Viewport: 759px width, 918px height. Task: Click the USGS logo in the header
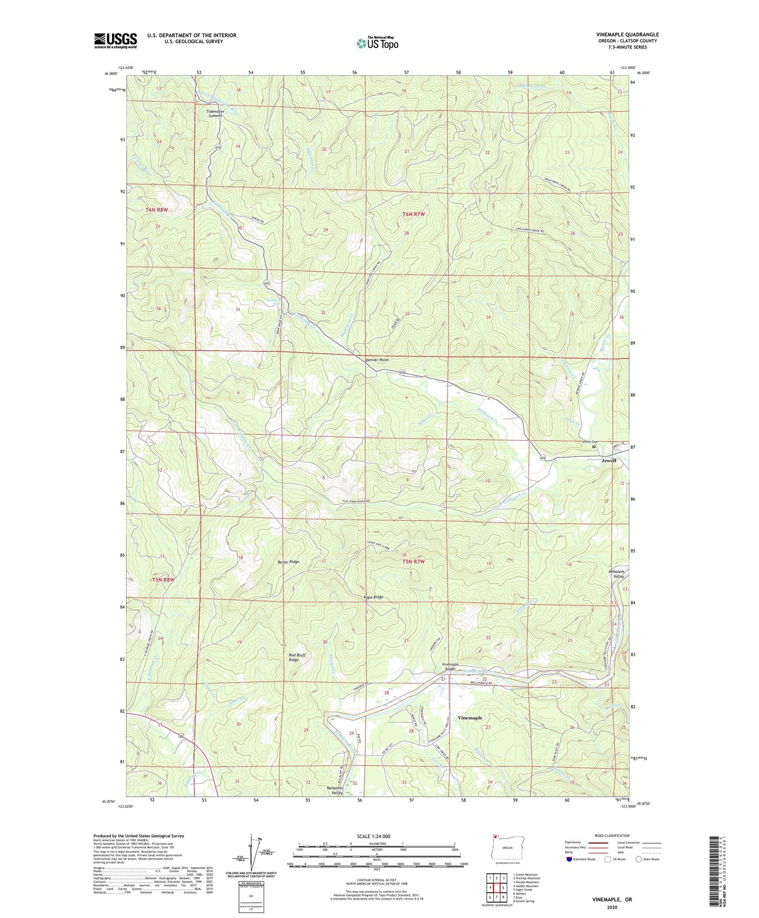116,40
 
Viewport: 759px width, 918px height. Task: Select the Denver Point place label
377,360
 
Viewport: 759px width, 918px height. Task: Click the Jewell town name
608,461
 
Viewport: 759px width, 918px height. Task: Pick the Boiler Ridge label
288,562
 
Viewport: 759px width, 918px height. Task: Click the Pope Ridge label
373,597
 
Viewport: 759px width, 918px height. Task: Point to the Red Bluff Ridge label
297,657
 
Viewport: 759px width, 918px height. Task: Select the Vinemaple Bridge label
450,667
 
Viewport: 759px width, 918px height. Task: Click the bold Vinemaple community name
470,718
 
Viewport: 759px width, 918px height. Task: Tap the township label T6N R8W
157,210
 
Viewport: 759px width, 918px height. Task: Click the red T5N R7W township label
413,562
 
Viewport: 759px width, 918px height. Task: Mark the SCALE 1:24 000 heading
373,836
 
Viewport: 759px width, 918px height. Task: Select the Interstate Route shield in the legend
570,859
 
